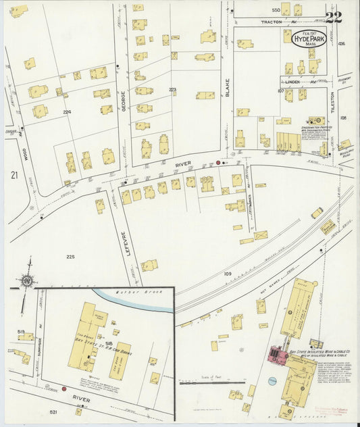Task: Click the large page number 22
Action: (333, 17)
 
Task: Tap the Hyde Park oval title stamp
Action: (309, 39)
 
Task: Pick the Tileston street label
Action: (332, 101)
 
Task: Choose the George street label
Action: (123, 101)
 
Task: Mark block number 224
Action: (67, 111)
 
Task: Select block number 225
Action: (70, 257)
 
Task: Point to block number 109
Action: (228, 274)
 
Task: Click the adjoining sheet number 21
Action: (14, 175)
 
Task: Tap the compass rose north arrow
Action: (26, 280)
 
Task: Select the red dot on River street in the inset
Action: (64, 388)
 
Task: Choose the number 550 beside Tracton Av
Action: (276, 10)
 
